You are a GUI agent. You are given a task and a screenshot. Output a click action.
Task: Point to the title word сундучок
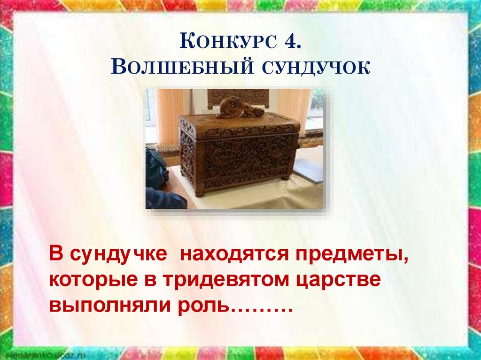[313, 68]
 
